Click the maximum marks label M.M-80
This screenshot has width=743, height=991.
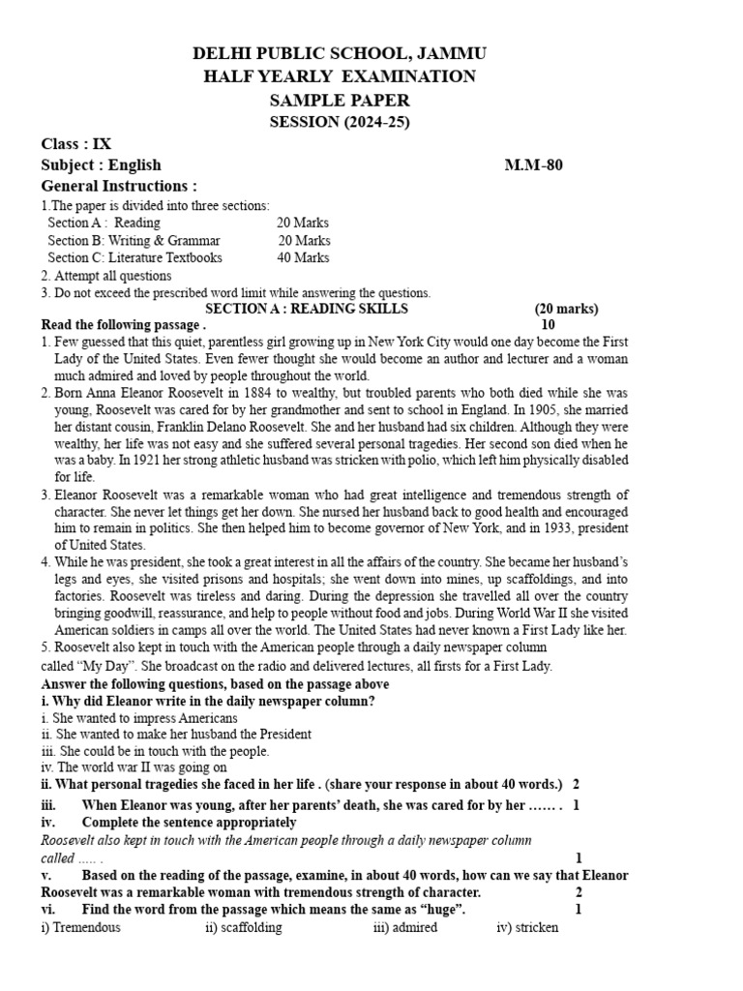(x=533, y=165)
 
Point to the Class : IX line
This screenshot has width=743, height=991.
(x=76, y=144)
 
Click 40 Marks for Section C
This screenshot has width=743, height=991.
(x=303, y=257)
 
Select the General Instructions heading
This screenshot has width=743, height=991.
(x=119, y=186)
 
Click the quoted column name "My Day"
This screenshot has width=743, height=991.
(x=99, y=666)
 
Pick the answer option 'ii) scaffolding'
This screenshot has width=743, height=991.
(x=244, y=927)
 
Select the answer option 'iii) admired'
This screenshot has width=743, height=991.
(x=405, y=927)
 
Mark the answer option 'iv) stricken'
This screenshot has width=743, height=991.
(x=527, y=927)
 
